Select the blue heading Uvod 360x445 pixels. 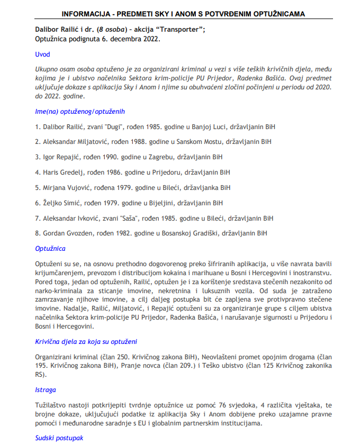pos(42,55)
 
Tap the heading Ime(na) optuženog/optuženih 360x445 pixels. pos(80,112)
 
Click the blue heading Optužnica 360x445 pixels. pos(50,248)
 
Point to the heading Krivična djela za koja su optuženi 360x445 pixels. pos(86,342)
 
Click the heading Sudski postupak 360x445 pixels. pos(59,438)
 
